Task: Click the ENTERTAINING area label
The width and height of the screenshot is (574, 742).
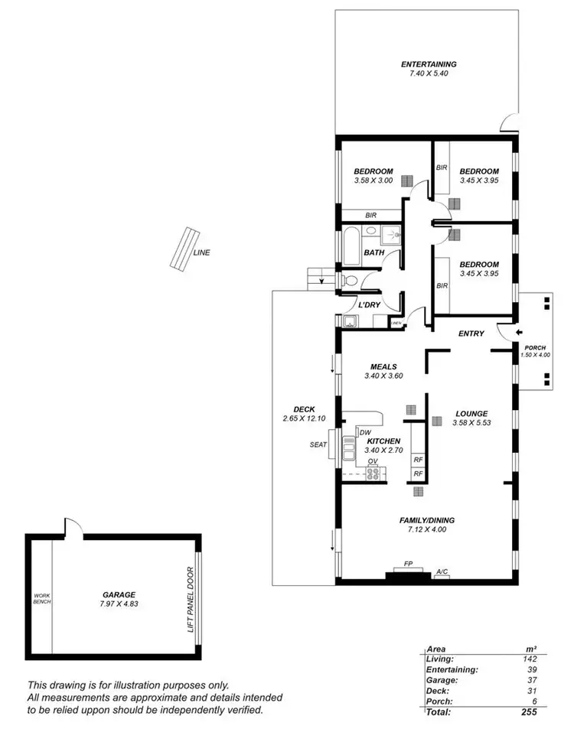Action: [x=429, y=64]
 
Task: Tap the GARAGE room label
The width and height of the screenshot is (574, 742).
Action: [x=119, y=594]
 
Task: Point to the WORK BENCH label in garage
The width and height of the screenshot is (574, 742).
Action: [x=41, y=599]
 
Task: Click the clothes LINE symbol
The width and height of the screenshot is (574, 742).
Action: [x=181, y=249]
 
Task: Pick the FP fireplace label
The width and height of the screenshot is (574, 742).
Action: [x=408, y=565]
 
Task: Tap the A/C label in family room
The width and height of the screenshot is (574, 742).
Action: [x=442, y=571]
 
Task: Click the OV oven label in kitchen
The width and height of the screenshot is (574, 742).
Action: [x=373, y=462]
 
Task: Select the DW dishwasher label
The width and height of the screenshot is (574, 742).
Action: [x=366, y=433]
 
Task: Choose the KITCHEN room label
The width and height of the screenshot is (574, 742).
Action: [x=384, y=442]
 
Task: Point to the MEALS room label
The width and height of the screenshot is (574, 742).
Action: [x=383, y=366]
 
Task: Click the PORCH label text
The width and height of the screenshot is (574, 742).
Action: [x=535, y=347]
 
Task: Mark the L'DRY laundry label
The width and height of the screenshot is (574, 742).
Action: [x=370, y=305]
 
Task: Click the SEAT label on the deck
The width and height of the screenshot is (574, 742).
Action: [x=318, y=444]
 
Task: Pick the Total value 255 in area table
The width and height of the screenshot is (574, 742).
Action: [x=527, y=712]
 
